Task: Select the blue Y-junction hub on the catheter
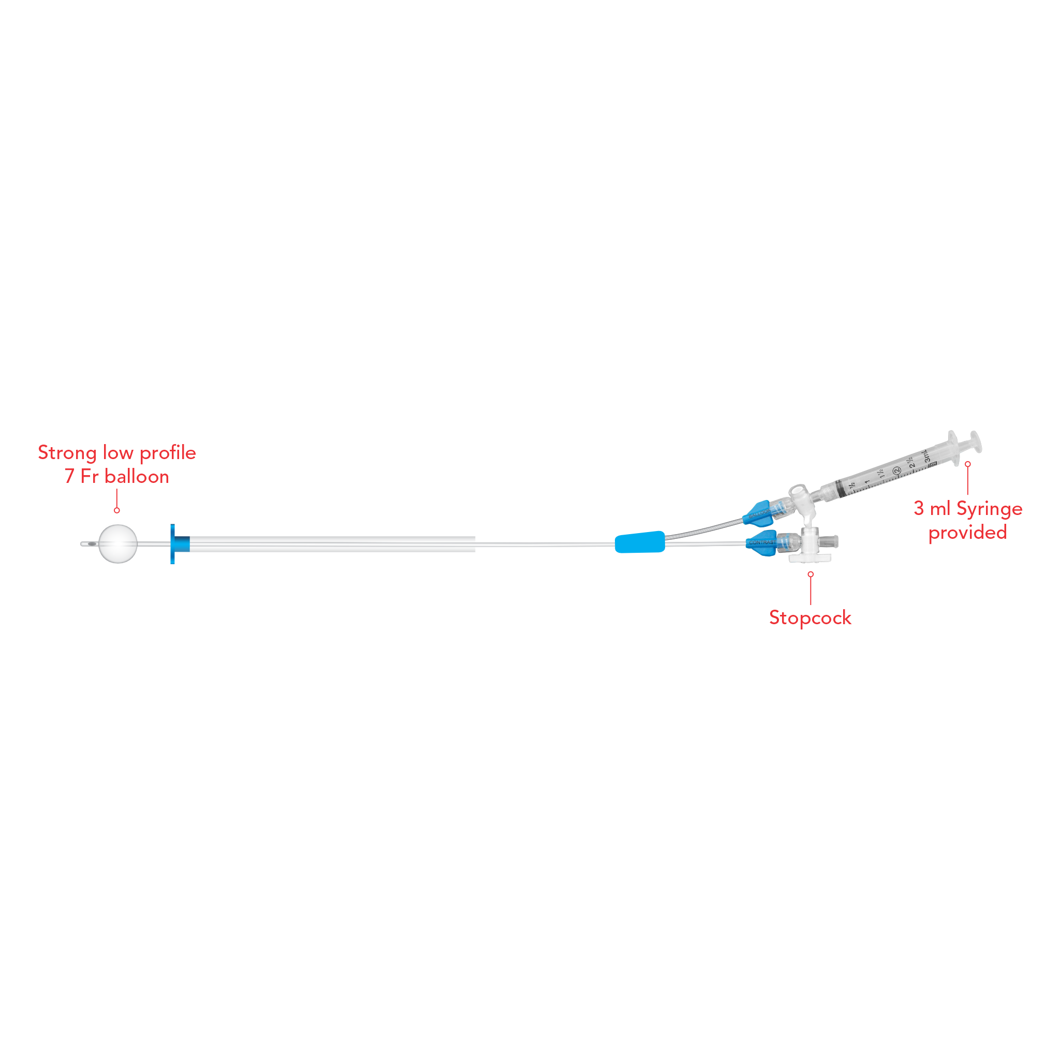click(640, 542)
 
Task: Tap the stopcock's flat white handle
click(810, 558)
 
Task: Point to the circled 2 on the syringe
click(896, 471)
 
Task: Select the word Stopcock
click(810, 618)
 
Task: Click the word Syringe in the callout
click(989, 509)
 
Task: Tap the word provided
click(967, 533)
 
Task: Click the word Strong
click(67, 453)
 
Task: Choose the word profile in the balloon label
click(168, 453)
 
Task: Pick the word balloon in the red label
click(137, 477)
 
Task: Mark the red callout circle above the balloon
click(117, 510)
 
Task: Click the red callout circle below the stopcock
click(811, 574)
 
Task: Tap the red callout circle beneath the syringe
click(968, 464)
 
